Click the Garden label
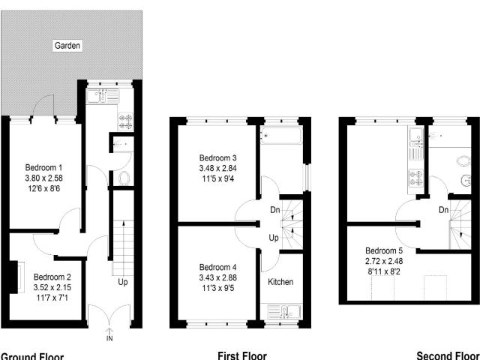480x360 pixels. tap(67, 46)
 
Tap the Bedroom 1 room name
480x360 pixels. tap(43, 166)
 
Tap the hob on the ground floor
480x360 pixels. tap(124, 119)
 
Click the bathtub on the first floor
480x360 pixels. tap(280, 136)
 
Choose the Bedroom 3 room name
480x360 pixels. tap(218, 157)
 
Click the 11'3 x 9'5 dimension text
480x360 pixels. tap(218, 288)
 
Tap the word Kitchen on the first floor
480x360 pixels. tap(281, 282)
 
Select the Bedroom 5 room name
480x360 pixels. tap(384, 250)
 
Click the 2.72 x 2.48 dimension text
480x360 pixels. tap(384, 261)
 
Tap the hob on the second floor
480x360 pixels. tap(415, 178)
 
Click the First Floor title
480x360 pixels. tap(241, 355)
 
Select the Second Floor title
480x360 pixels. tap(448, 355)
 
